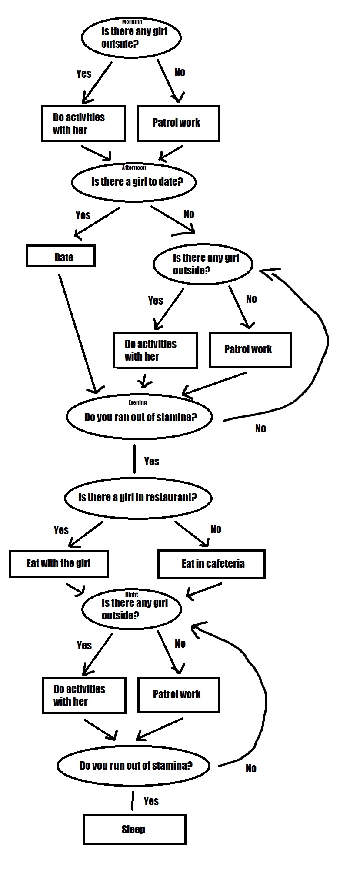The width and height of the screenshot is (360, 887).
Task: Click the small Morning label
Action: pos(132,22)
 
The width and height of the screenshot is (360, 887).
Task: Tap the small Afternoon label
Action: pos(134,167)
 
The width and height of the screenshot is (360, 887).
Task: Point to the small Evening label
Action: pos(138,402)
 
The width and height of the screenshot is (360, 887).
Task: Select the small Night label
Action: pos(131,595)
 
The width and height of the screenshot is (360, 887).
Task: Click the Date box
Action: pos(60,256)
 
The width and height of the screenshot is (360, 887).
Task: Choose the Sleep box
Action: pos(134,829)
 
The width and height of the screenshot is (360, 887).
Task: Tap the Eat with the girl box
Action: pos(59,564)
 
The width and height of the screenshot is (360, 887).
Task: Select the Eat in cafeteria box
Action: pos(211,564)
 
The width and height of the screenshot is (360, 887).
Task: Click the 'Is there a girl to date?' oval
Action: pos(134,182)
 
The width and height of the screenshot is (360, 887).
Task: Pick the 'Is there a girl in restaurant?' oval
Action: pos(138,498)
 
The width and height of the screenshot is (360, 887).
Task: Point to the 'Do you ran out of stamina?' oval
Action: pos(139,417)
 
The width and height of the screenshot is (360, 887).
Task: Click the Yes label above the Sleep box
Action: pos(151,801)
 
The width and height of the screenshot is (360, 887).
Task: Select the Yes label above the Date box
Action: pos(83,215)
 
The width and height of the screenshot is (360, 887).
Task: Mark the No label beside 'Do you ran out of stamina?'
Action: pos(260,428)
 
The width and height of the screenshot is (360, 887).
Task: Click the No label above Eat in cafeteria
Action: pos(216,529)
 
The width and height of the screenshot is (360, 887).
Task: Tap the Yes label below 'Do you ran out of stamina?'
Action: pos(152,461)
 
